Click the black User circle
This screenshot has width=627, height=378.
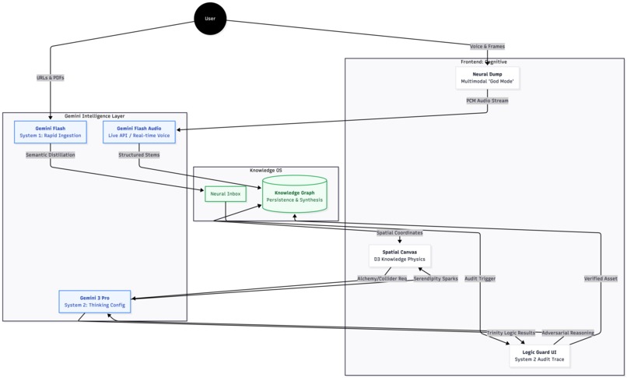pyautogui.click(x=209, y=19)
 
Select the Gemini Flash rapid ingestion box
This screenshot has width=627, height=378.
pyautogui.click(x=50, y=132)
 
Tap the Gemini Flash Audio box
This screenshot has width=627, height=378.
pyautogui.click(x=139, y=132)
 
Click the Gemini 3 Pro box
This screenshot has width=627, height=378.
pyautogui.click(x=94, y=302)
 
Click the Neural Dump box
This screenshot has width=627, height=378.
pyautogui.click(x=487, y=77)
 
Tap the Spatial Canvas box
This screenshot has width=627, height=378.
pyautogui.click(x=400, y=256)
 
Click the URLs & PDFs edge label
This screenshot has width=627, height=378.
pyautogui.click(x=51, y=78)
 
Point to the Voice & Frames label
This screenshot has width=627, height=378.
pyautogui.click(x=487, y=46)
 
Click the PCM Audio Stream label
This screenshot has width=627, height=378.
pyautogui.click(x=487, y=101)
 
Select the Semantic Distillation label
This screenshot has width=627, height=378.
pyautogui.click(x=50, y=155)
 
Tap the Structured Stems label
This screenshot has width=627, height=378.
pyautogui.click(x=139, y=155)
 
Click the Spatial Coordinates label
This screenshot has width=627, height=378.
pyautogui.click(x=400, y=232)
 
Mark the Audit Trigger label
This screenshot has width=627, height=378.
pyautogui.click(x=480, y=278)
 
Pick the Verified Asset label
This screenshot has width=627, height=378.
pyautogui.click(x=600, y=278)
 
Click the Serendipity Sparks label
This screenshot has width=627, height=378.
pyautogui.click(x=435, y=278)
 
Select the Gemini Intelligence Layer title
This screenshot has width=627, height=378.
pyautogui.click(x=94, y=115)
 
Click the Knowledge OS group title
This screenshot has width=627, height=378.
pyautogui.click(x=266, y=170)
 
